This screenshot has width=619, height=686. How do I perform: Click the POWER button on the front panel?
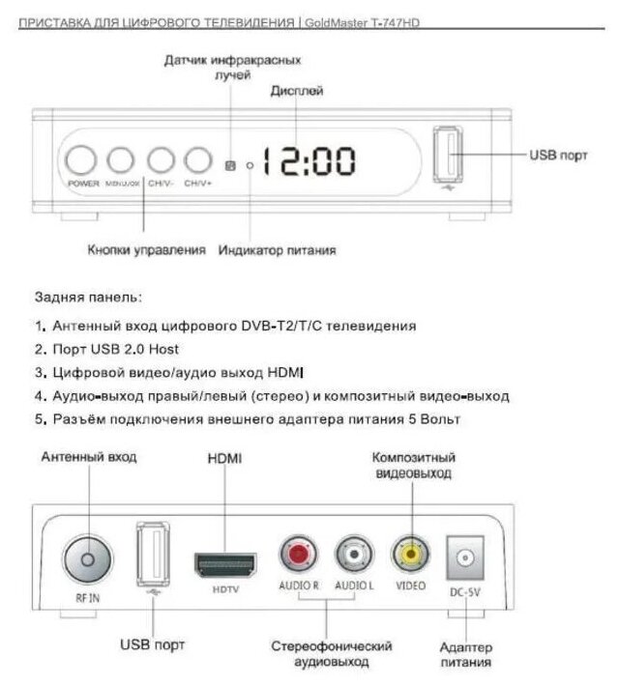click(83, 160)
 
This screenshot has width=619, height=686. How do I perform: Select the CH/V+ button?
click(197, 160)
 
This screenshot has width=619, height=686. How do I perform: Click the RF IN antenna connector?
click(87, 557)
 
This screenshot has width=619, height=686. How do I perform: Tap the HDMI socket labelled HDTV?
click(224, 563)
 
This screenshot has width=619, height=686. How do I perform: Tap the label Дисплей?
click(295, 91)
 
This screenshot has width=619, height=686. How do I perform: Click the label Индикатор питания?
click(277, 250)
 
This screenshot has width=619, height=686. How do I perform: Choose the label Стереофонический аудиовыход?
click(332, 653)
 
